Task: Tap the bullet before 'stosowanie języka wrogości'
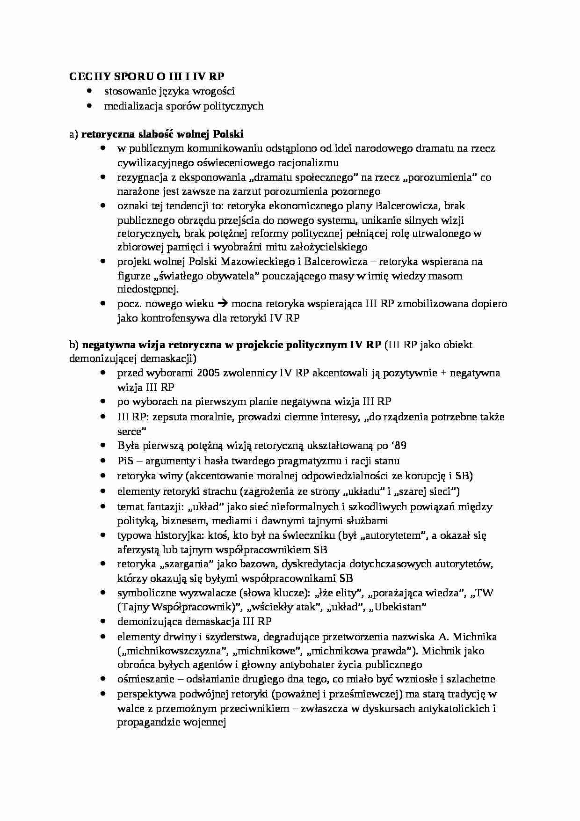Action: click(x=89, y=91)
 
